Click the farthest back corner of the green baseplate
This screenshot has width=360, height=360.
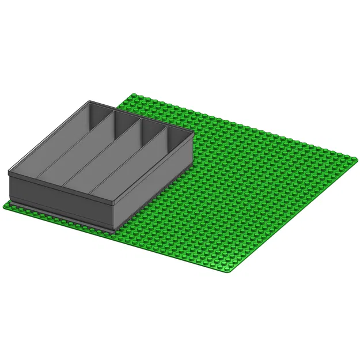click(134, 94)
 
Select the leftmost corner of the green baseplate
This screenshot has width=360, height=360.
click(5, 205)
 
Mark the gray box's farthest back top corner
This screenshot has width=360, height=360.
click(90, 101)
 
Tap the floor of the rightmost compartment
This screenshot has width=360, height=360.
click(144, 173)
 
